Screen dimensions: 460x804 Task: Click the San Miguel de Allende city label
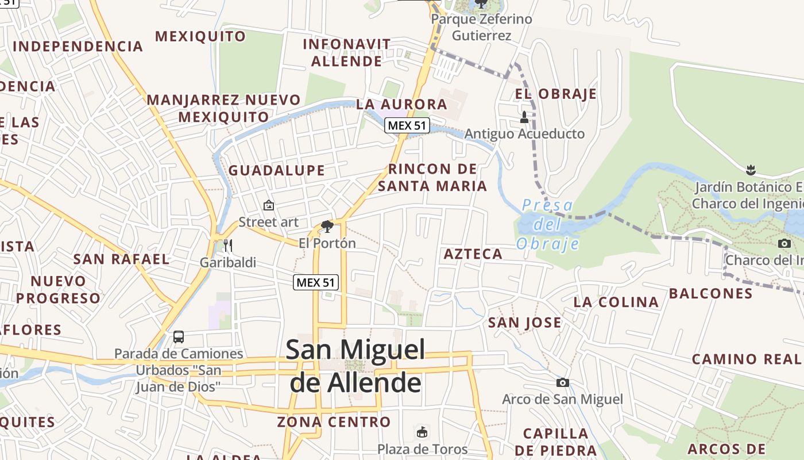pos(355,365)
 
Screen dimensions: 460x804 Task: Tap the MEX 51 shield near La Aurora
pos(407,125)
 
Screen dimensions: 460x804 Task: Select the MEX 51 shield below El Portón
pos(316,282)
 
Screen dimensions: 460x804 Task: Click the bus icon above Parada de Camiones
pos(179,337)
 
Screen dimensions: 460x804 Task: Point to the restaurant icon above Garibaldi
pos(228,246)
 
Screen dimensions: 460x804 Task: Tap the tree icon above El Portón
pos(327,226)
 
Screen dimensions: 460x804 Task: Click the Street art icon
pos(268,205)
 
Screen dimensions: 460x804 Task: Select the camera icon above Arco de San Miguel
pos(562,382)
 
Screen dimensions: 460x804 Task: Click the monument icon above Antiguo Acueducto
pos(524,117)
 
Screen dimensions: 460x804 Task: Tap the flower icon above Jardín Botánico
pos(750,170)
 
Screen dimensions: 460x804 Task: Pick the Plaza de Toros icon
pos(422,432)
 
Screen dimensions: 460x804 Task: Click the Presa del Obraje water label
pos(547,224)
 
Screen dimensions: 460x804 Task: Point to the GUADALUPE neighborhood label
pos(277,170)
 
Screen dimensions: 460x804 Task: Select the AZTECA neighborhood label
pos(473,254)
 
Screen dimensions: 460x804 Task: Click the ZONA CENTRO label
pos(334,422)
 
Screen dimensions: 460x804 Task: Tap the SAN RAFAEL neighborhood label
pos(122,259)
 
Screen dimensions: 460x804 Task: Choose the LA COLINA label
pos(616,302)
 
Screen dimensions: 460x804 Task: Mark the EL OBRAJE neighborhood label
pos(555,94)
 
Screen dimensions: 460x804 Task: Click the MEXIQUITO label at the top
pos(200,36)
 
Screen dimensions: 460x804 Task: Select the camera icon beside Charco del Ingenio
pos(784,243)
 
